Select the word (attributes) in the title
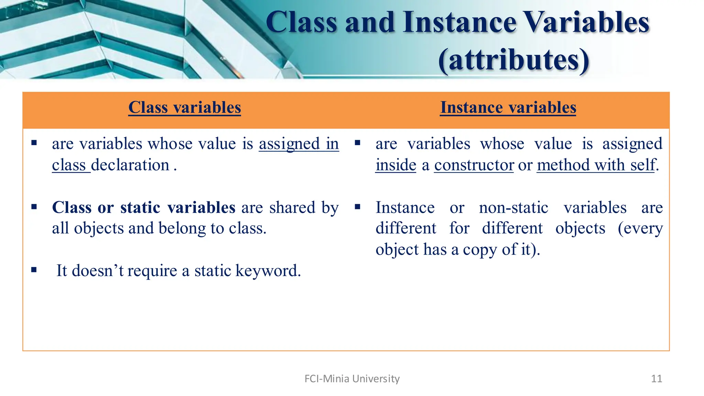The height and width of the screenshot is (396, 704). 514,60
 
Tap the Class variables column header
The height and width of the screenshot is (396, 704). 185,107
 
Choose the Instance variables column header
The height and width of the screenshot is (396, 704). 508,107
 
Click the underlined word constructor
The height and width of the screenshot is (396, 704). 474,165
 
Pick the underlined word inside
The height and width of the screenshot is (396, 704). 396,165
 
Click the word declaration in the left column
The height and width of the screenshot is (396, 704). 130,165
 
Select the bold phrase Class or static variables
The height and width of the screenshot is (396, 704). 144,207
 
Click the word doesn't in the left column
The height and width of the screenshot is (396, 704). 98,271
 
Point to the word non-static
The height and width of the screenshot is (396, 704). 514,207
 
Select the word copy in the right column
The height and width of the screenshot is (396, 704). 480,250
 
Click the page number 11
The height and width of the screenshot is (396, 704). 656,378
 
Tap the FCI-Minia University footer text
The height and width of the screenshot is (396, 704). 352,378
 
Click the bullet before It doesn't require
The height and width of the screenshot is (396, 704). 34,270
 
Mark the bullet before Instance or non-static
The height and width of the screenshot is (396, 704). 357,207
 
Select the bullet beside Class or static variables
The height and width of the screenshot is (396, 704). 34,207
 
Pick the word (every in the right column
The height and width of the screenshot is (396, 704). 640,228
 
